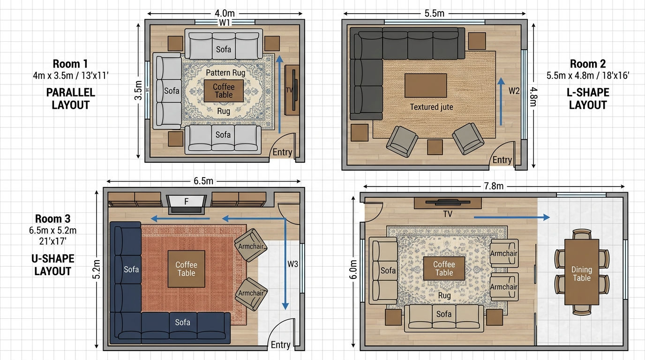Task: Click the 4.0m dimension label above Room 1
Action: (x=225, y=13)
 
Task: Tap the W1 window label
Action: (x=225, y=22)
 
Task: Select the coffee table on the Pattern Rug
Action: (x=224, y=91)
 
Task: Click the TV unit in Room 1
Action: (x=292, y=90)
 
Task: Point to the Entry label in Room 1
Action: (x=282, y=152)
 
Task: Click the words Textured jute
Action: (x=431, y=107)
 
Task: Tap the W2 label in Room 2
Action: (x=514, y=91)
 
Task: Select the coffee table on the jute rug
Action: (x=426, y=85)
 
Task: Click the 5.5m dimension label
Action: (x=434, y=13)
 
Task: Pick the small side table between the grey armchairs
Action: (x=435, y=147)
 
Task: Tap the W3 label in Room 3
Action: (x=292, y=264)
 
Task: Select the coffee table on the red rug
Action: (x=186, y=269)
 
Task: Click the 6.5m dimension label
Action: (x=203, y=181)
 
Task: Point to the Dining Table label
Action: (x=582, y=274)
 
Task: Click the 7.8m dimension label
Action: (x=494, y=186)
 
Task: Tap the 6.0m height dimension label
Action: (x=353, y=270)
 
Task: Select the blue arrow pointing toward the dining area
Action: (x=512, y=217)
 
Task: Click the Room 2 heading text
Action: (x=588, y=64)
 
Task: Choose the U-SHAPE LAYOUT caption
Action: (x=52, y=265)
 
